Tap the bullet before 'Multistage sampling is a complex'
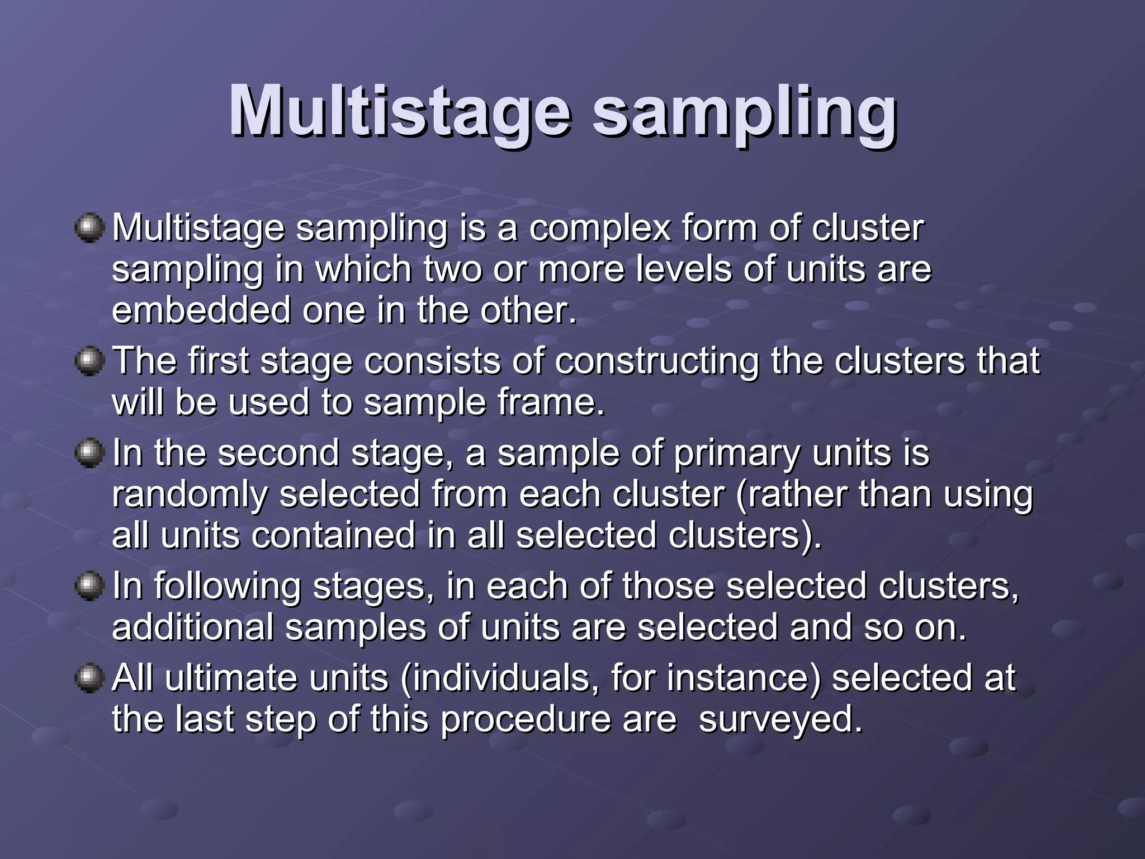[x=89, y=228]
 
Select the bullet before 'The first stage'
[x=89, y=361]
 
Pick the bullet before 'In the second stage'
[x=89, y=453]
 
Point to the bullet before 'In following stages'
[x=89, y=586]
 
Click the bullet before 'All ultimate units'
[x=89, y=678]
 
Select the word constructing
[x=657, y=361]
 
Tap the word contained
[x=333, y=536]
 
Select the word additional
[x=192, y=627]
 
